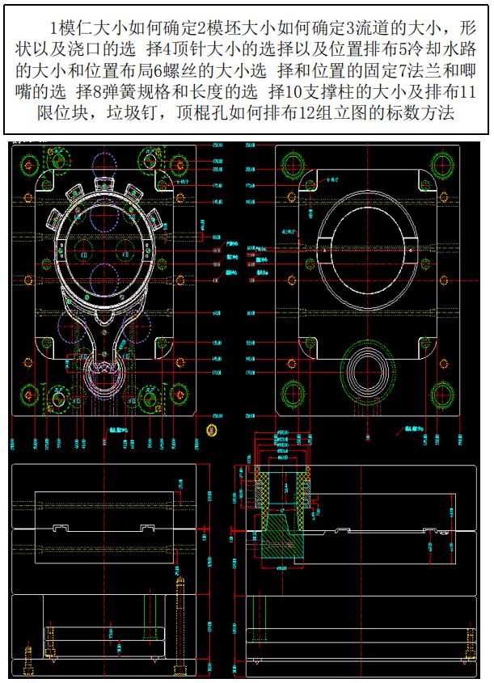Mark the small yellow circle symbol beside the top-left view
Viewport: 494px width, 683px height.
213,427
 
